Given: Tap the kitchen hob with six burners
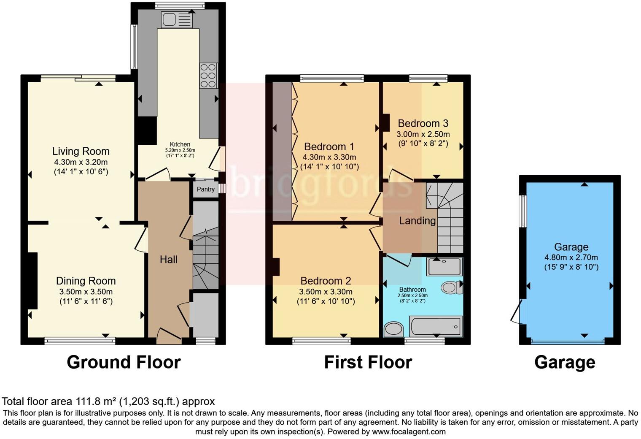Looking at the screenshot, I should (x=208, y=76).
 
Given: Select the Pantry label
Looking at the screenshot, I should (x=206, y=190).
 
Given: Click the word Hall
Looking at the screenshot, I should (x=168, y=260).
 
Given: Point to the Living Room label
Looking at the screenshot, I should (x=81, y=151).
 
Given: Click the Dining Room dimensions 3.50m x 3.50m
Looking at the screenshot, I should (x=86, y=292).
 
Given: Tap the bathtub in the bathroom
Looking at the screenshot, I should (x=436, y=327).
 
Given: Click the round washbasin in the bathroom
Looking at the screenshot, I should (x=394, y=329).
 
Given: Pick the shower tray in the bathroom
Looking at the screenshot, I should (x=445, y=267).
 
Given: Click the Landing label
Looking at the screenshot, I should (x=417, y=220).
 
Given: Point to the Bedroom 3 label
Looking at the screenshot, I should (x=423, y=123).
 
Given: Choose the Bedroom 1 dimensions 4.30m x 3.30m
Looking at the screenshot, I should (x=329, y=157).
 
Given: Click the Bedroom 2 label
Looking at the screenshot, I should (x=326, y=281).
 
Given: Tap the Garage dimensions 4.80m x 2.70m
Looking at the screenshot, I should (x=571, y=257).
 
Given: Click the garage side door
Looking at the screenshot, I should (x=517, y=312).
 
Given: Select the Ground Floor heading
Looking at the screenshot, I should (x=124, y=363).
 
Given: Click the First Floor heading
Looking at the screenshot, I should (x=368, y=363).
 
